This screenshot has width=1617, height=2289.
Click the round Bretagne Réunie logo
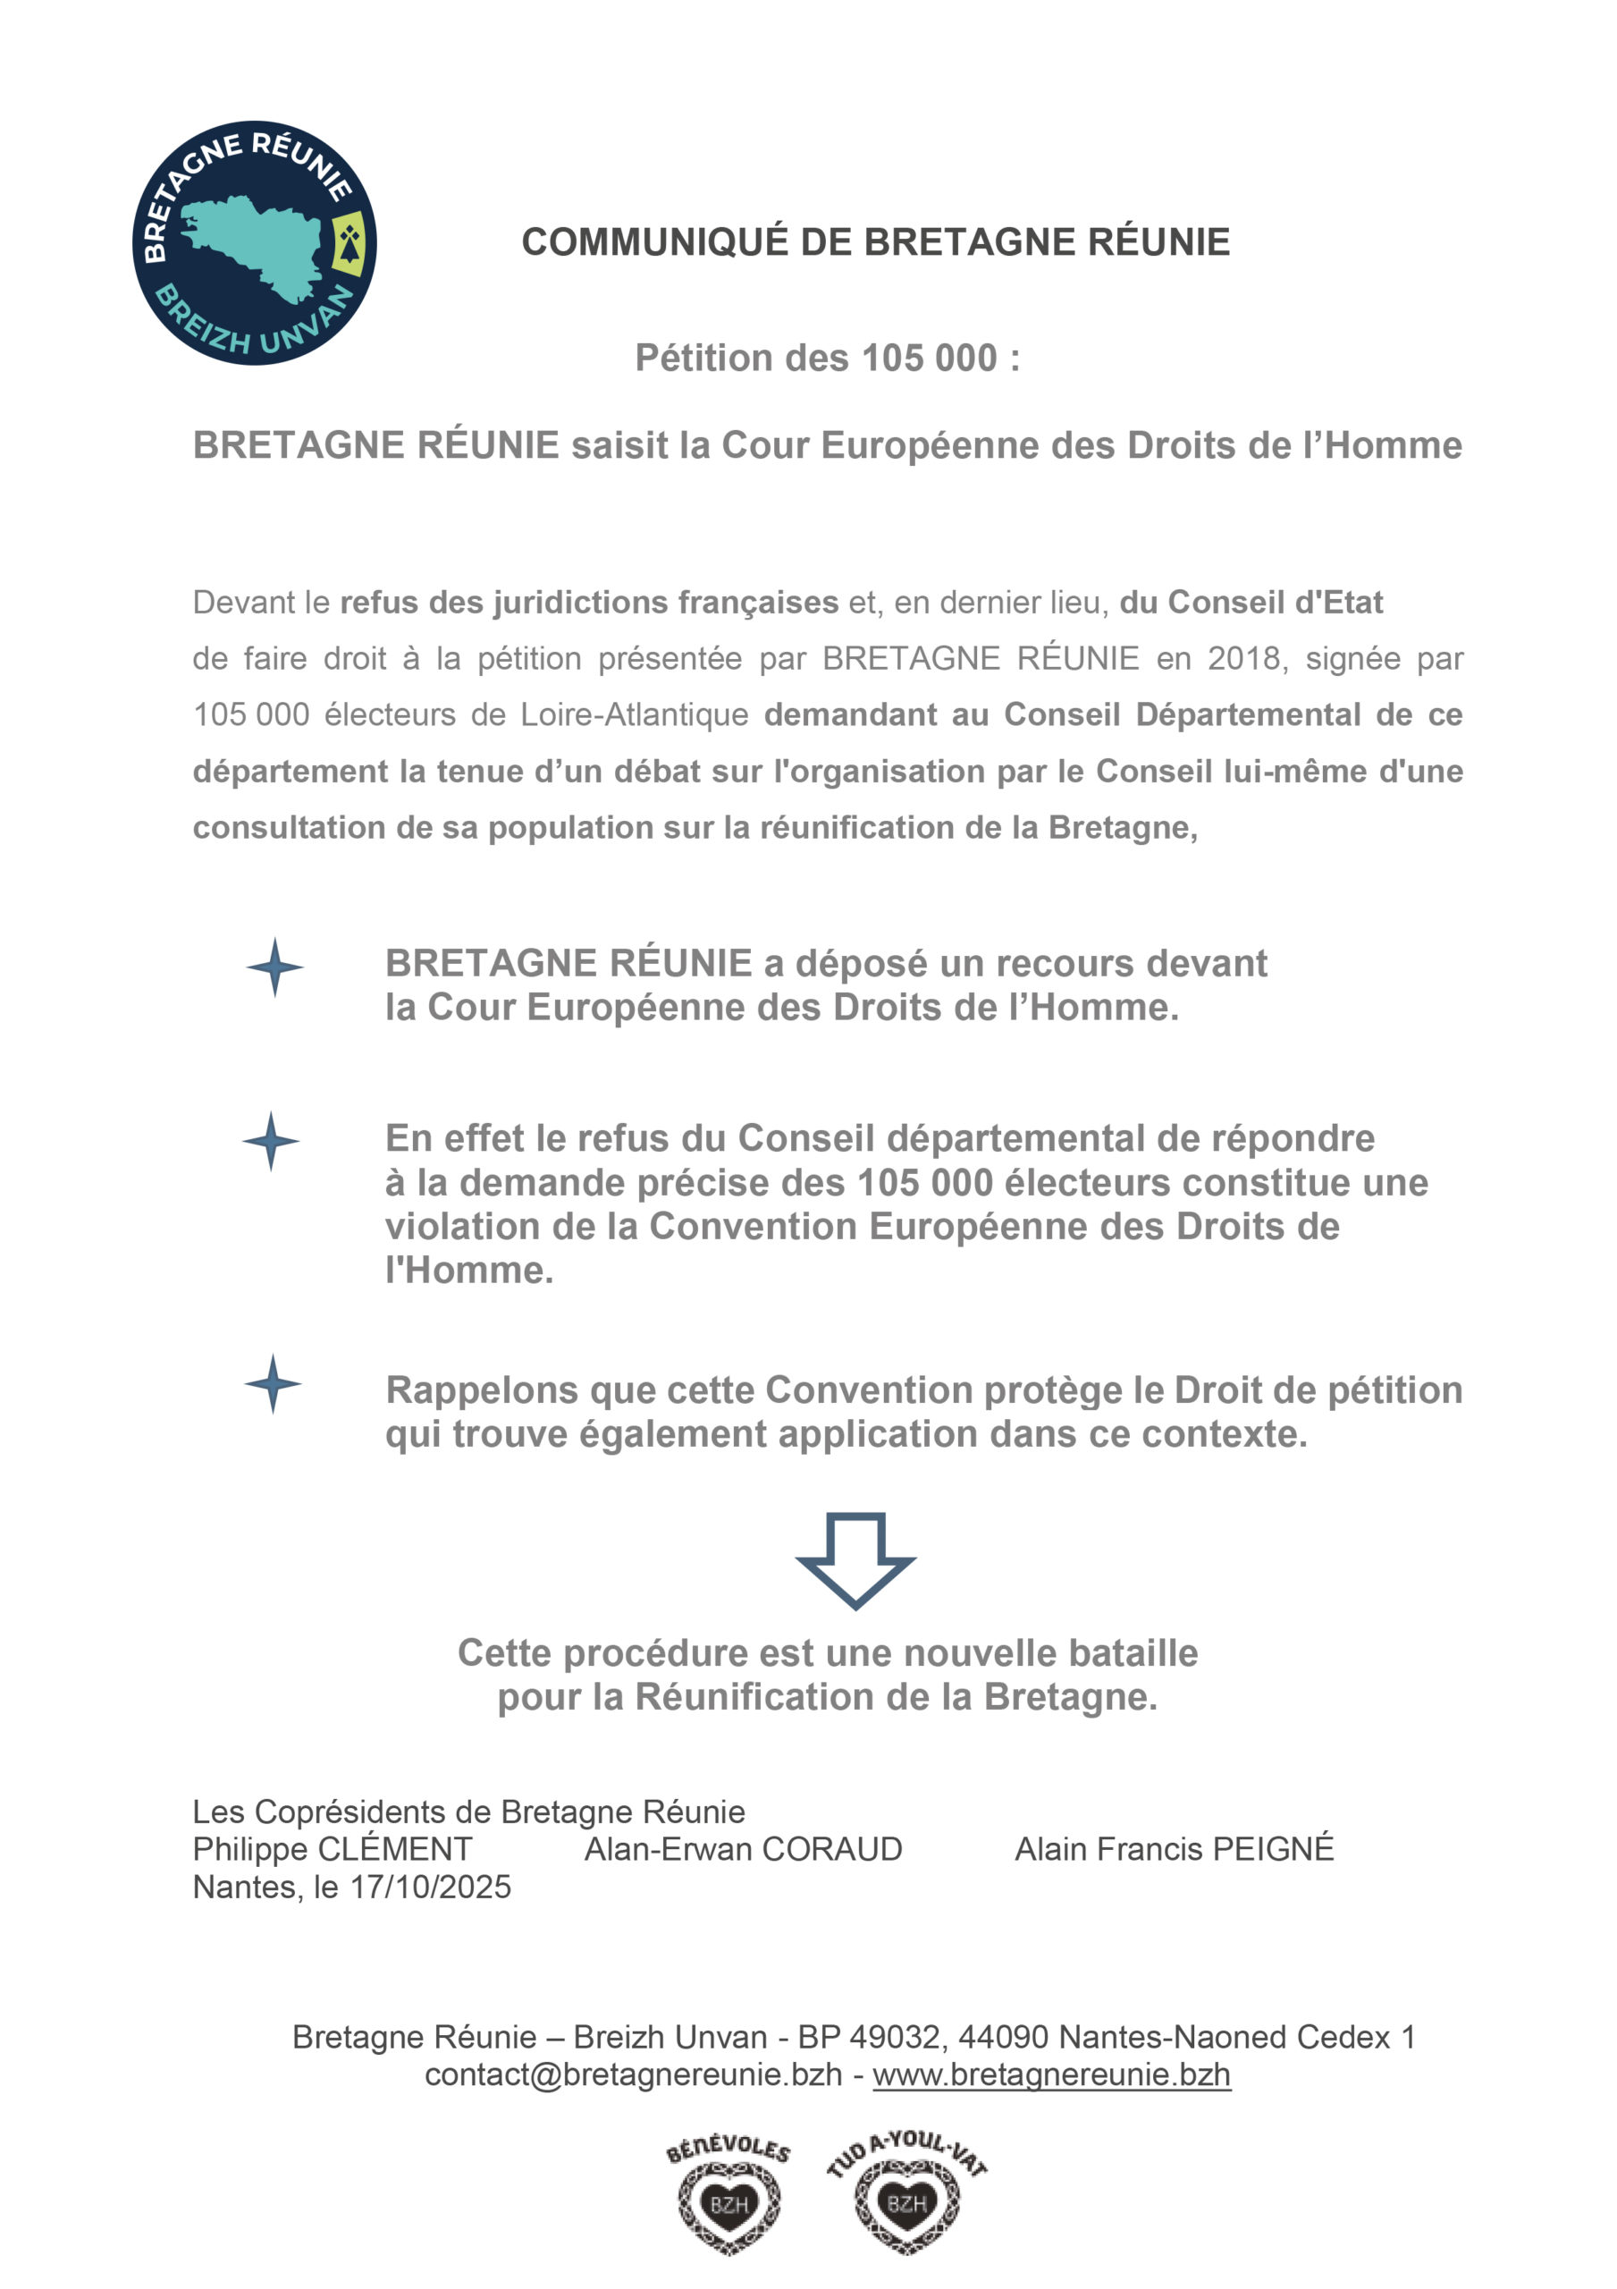pos(254,242)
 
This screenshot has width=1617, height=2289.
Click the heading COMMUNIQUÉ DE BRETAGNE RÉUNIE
pos(875,242)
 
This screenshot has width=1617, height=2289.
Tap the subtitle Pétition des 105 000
pos(828,358)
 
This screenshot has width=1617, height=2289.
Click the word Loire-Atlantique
pos(634,714)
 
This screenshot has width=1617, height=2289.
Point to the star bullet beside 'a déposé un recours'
pos(275,967)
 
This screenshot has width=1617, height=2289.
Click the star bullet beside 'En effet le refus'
pos(271,1142)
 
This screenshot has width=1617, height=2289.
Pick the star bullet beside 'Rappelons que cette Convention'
pos(274,1384)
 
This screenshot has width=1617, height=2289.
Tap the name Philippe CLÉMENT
pos(332,1849)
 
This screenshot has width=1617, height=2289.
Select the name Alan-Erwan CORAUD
pos(743,1849)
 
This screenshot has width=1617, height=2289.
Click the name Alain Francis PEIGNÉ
pos(1174,1849)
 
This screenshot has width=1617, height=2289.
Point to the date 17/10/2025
pos(431,1888)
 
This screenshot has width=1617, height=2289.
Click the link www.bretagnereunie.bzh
pos(1051,2074)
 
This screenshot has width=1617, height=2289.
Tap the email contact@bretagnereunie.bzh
pos(633,2074)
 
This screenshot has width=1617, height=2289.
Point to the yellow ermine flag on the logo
pos(348,242)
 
